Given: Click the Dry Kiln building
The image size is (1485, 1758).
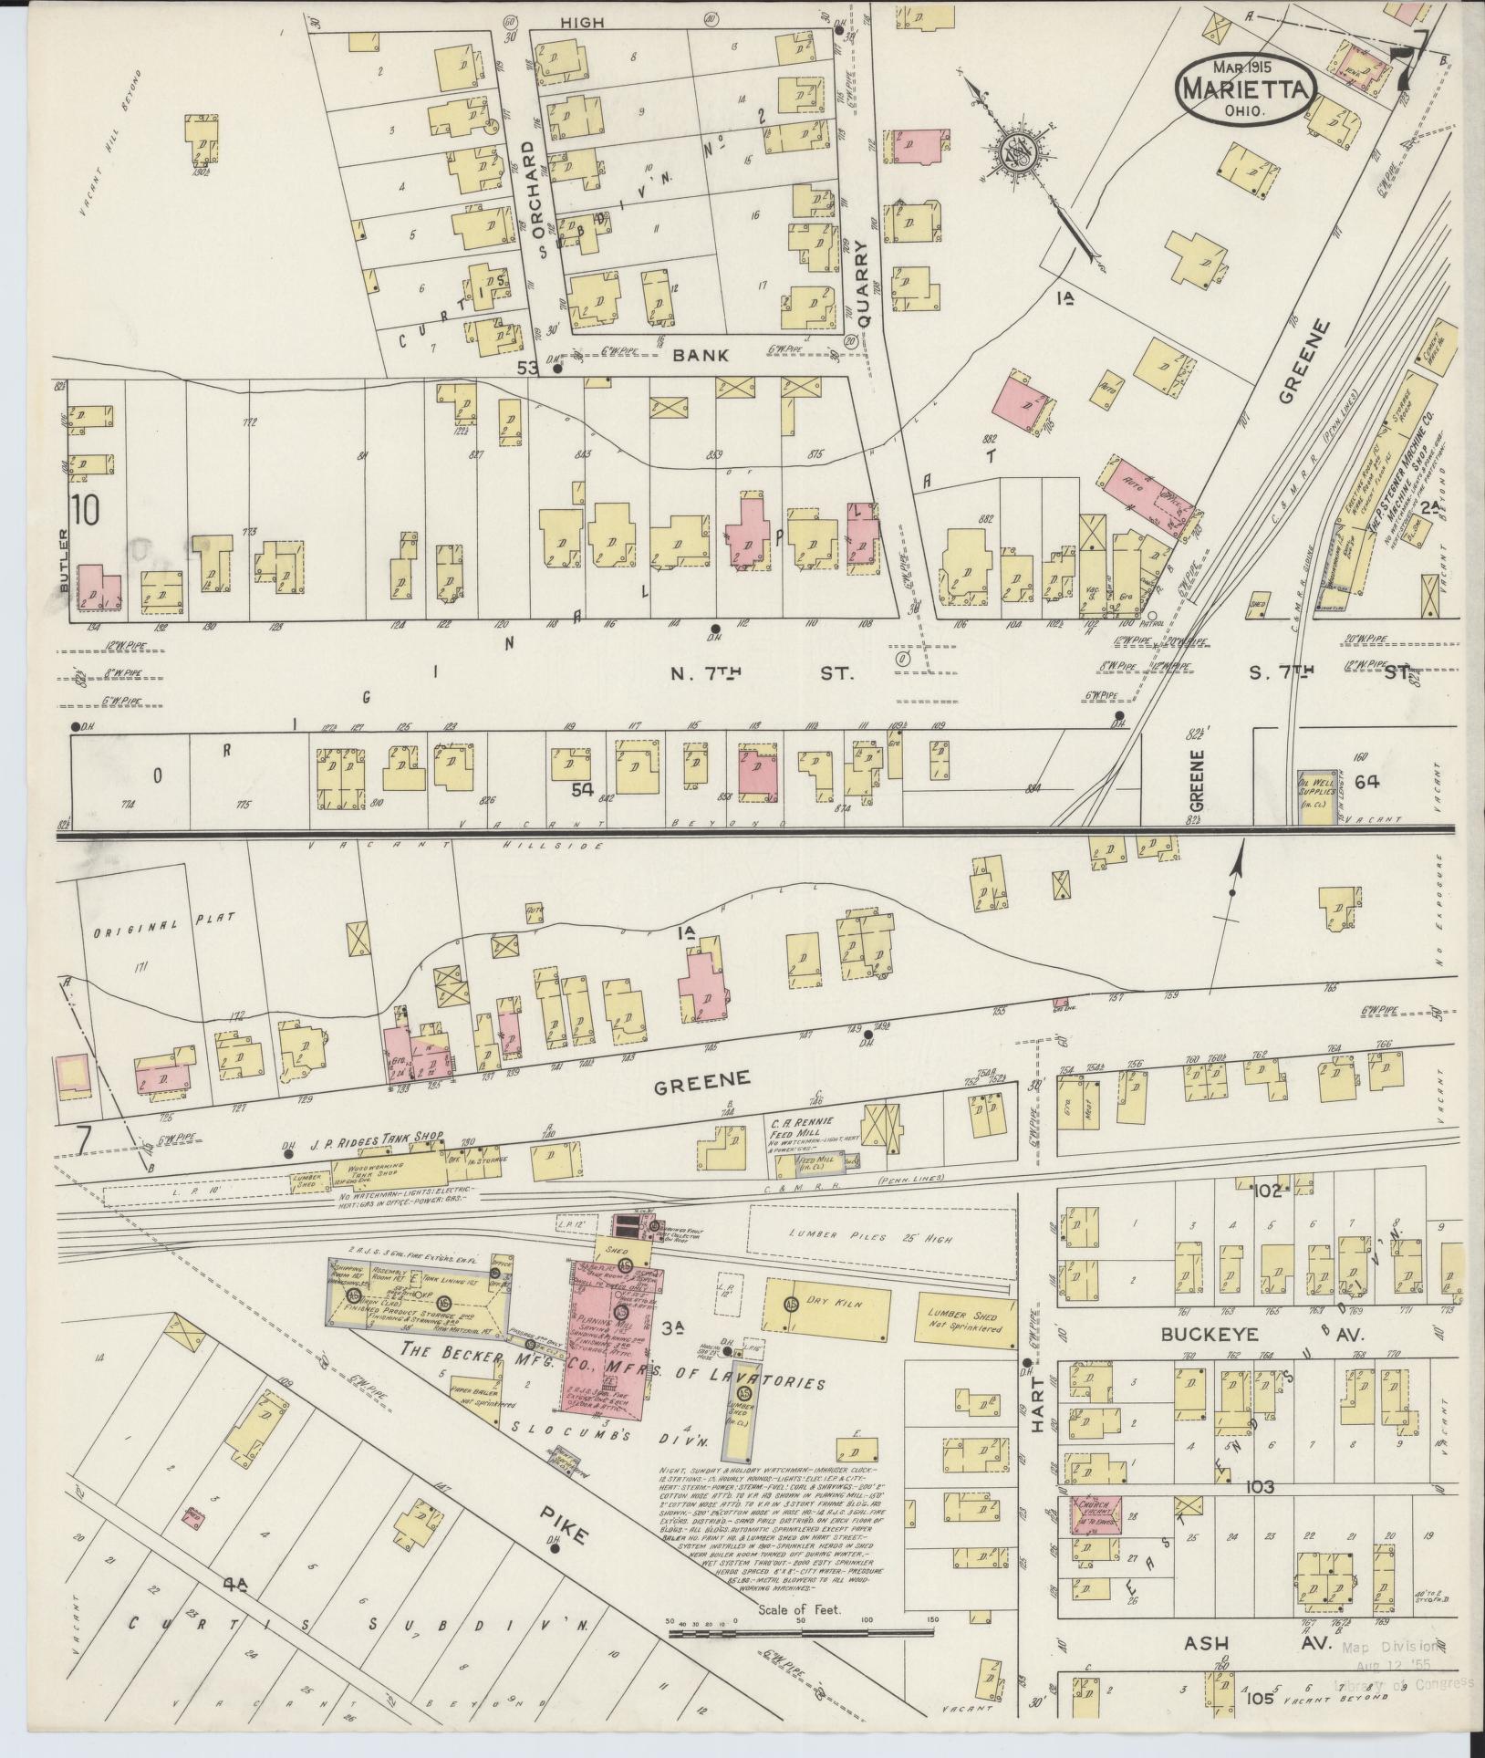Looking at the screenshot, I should [x=826, y=1304].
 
